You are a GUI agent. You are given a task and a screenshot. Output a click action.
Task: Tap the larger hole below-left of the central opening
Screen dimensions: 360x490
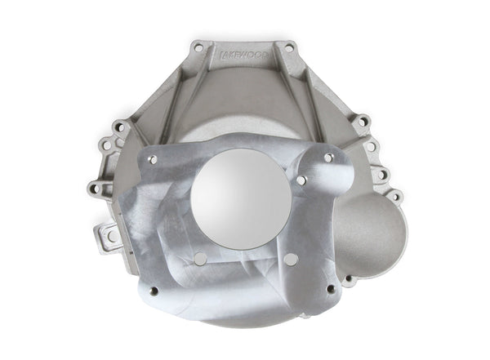[x=198, y=258]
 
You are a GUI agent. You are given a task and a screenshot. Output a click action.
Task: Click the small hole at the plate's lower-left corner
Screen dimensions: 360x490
[x=152, y=290]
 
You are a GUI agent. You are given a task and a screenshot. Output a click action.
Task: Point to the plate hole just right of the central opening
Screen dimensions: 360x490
[x=301, y=180]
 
